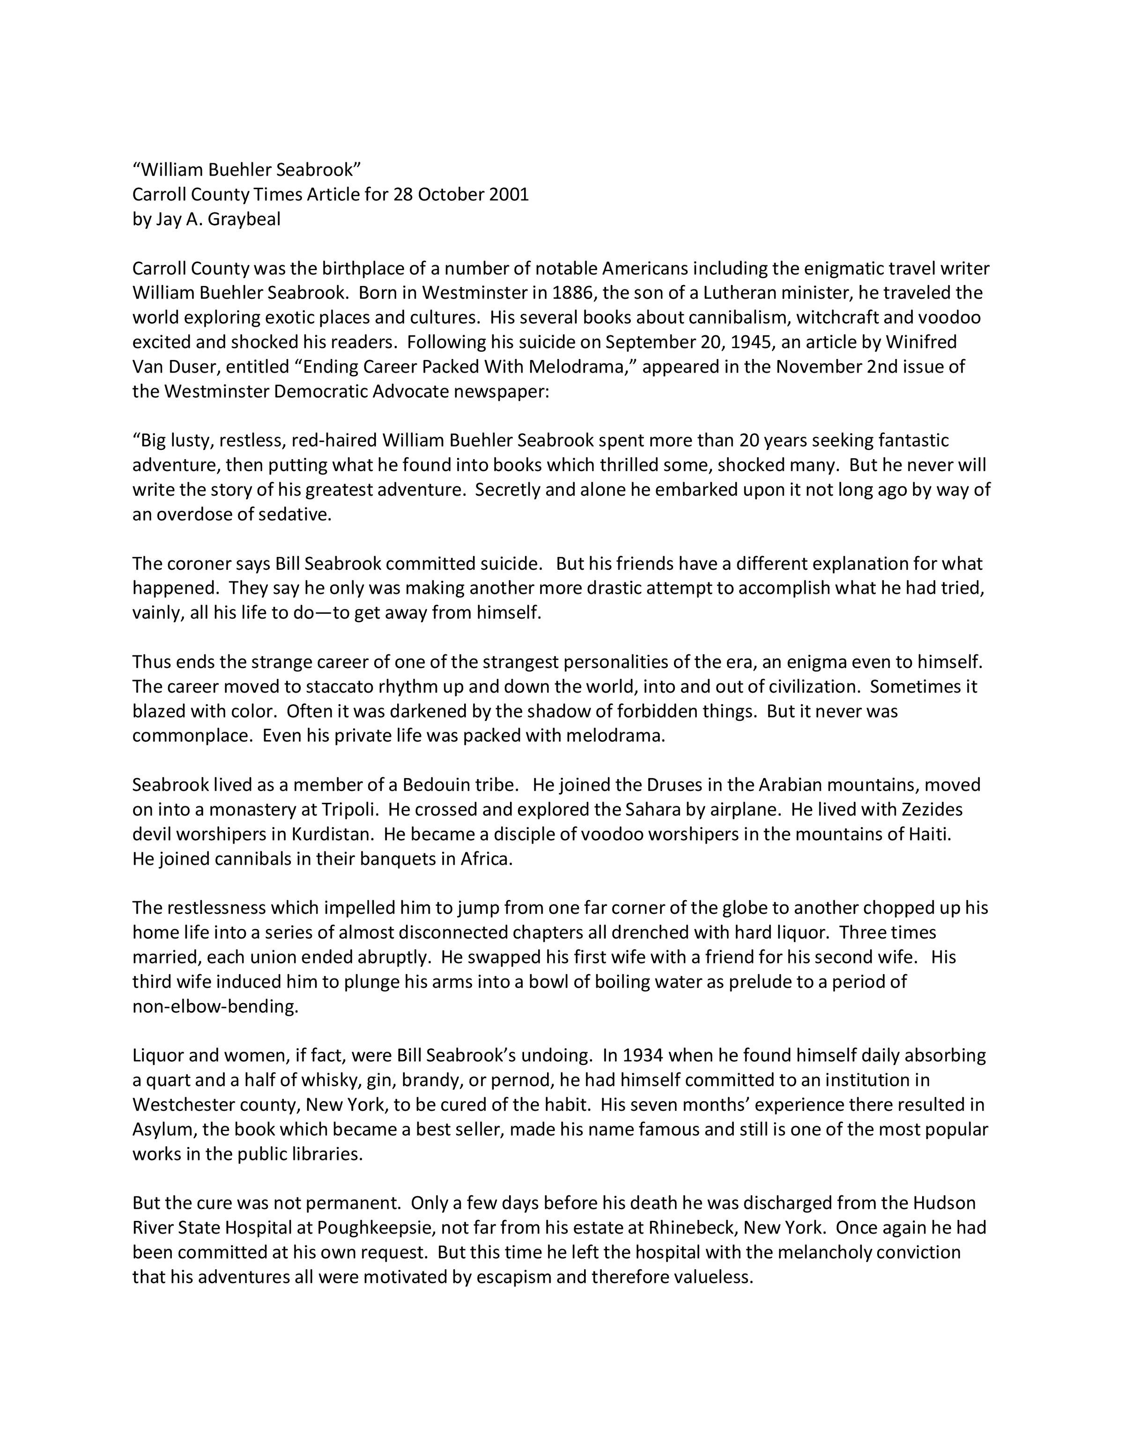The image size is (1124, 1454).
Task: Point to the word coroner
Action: click(x=199, y=564)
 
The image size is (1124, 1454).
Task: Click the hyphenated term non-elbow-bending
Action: click(x=215, y=1006)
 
